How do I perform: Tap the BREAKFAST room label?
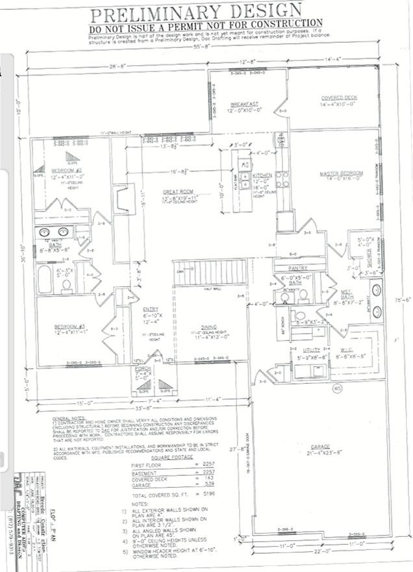[244, 104]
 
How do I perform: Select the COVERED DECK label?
[339, 98]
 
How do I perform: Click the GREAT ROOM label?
[178, 192]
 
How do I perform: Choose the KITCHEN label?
[262, 176]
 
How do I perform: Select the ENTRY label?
[149, 309]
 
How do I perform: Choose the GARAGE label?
[319, 447]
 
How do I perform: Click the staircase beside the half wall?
[212, 273]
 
